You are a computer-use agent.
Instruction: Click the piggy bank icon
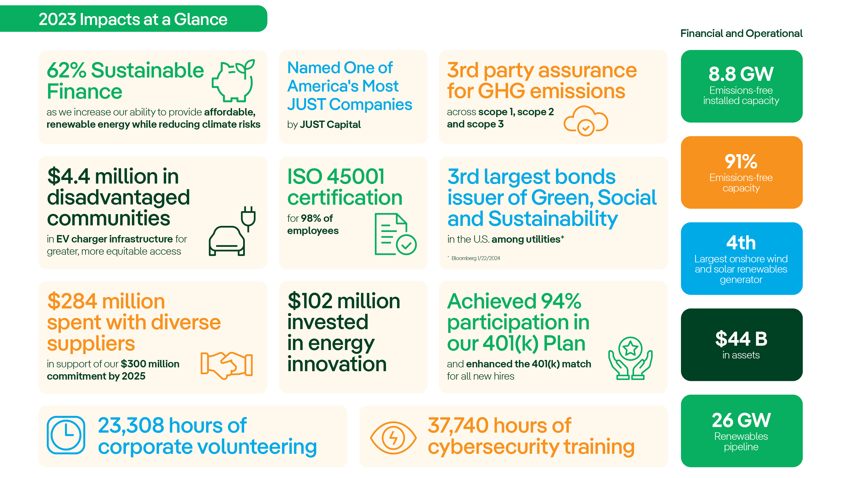(233, 81)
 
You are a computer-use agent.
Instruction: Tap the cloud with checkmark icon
(586, 121)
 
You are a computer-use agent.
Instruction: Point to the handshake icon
(226, 365)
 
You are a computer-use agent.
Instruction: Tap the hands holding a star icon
(630, 358)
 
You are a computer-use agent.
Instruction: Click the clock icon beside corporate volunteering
(66, 435)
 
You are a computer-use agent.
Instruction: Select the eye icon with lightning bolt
(393, 438)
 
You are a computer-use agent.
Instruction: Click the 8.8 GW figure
(741, 74)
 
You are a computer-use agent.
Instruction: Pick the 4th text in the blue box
(741, 243)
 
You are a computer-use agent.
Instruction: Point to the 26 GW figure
(741, 420)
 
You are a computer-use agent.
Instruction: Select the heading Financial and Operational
(741, 33)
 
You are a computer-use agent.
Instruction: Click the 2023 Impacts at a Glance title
(133, 19)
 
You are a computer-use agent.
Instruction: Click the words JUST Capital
(330, 125)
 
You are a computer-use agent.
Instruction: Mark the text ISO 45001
(336, 177)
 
